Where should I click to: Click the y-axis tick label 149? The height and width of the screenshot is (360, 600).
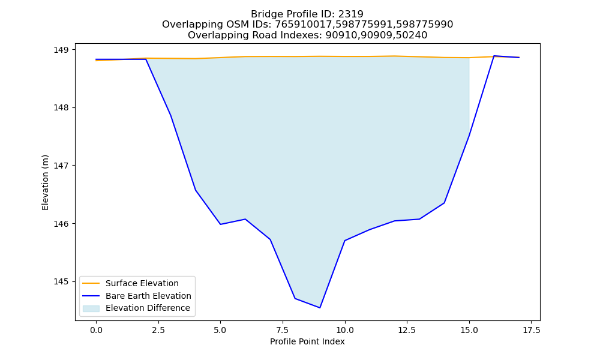point(61,50)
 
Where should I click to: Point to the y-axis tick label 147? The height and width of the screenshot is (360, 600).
point(61,166)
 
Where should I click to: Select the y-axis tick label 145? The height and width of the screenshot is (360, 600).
point(61,281)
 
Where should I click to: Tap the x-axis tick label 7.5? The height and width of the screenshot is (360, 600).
point(283,330)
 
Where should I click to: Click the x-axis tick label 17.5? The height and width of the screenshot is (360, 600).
point(531,330)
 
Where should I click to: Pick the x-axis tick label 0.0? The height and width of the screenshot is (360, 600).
point(96,330)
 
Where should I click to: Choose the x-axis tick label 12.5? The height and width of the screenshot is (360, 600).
point(407,330)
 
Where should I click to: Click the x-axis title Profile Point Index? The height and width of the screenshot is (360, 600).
point(307,341)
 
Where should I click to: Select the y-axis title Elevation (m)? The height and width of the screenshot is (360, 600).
point(45,182)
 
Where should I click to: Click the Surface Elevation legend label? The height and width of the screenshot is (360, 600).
point(142,283)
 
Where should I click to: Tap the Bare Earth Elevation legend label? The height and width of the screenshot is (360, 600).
point(148,296)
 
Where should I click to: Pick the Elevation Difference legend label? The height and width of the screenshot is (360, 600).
point(148,308)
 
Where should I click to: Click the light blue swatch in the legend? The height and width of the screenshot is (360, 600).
point(91,308)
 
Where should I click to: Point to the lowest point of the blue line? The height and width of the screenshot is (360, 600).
point(320,308)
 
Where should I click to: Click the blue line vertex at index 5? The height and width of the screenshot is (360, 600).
point(220,224)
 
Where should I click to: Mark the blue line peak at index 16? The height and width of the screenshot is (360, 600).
point(494,56)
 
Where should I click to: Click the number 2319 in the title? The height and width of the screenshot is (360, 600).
point(350,14)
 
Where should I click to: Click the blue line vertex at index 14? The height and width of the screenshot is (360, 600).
point(444,203)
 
